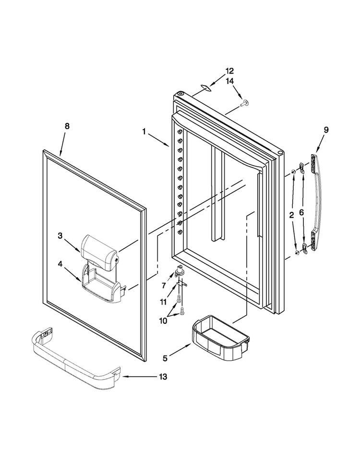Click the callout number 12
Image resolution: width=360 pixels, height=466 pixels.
[x=229, y=71]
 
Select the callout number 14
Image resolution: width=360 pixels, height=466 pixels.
[x=229, y=81]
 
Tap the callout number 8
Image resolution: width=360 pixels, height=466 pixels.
[x=67, y=126]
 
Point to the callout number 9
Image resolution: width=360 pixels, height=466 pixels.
[x=326, y=130]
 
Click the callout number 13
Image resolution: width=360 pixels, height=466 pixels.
[x=163, y=377]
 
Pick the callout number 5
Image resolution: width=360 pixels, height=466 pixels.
[x=165, y=358]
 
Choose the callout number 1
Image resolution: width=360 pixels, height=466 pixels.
[x=144, y=131]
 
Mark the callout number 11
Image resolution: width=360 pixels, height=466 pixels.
[x=163, y=302]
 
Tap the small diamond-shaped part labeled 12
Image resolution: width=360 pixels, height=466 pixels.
[x=205, y=87]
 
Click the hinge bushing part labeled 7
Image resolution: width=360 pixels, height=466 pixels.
[x=180, y=270]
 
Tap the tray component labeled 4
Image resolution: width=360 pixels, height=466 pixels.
[x=102, y=285]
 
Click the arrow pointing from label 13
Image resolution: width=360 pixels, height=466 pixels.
[x=140, y=377]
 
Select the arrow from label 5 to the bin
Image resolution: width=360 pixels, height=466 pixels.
[x=180, y=350]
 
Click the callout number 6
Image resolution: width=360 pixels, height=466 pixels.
[x=301, y=212]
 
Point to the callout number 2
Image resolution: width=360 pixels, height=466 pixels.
[x=291, y=215]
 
